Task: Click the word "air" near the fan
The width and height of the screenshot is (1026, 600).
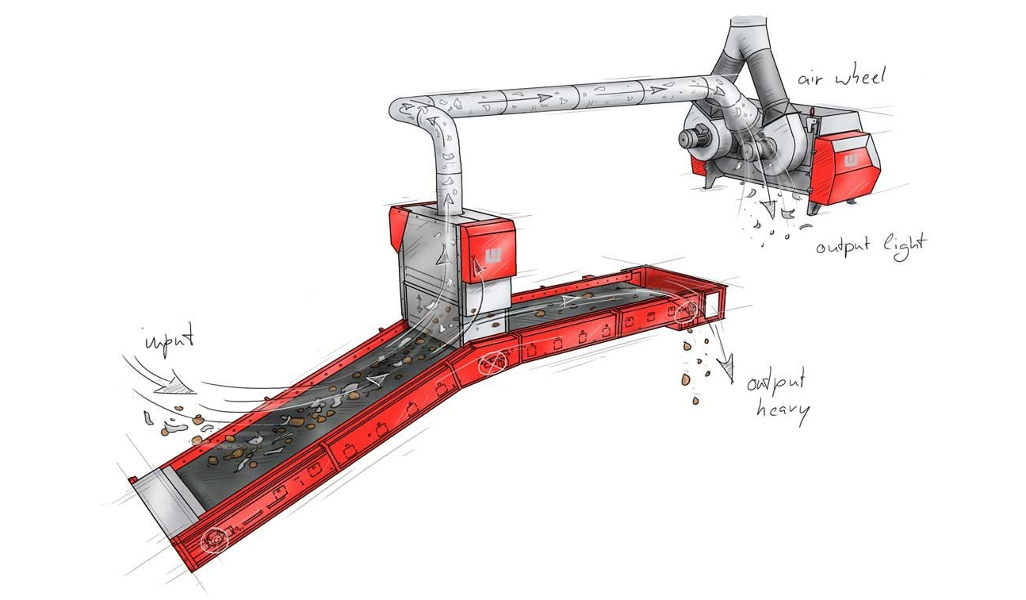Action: (812, 79)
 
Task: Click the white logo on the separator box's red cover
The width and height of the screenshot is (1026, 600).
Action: (493, 255)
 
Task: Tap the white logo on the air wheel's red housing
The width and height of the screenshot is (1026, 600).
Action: (851, 160)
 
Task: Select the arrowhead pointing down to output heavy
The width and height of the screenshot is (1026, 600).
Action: (726, 366)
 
